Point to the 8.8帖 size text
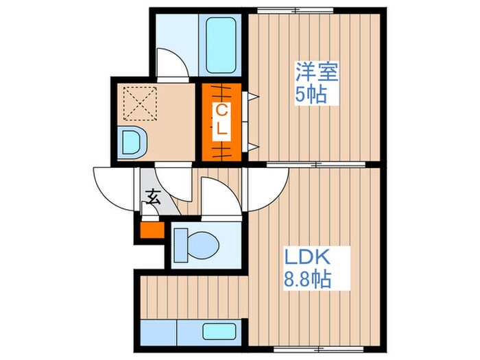coord(309,280)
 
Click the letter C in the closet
coord(221,110)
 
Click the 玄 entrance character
coord(152,200)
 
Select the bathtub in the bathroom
coord(220,47)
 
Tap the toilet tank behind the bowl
coord(180,243)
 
